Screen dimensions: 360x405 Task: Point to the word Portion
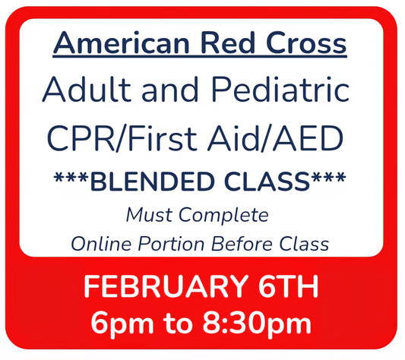172,244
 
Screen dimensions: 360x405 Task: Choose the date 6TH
286,287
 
